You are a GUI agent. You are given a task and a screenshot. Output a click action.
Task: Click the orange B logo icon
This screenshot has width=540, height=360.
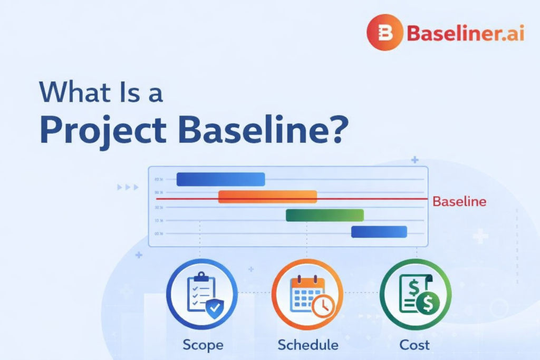point(385,32)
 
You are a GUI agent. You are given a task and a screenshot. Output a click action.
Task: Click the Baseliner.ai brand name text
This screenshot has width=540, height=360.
point(465,34)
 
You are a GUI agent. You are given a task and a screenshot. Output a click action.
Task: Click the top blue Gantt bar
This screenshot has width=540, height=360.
point(220,179)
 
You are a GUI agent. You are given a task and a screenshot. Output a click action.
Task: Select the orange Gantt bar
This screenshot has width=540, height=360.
point(267,197)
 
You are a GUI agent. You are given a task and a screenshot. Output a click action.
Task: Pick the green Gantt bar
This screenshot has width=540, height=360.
point(324,215)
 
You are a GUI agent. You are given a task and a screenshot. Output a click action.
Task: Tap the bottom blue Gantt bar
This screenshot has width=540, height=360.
point(379,232)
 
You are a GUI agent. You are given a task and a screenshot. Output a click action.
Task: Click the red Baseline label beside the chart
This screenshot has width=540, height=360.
point(459,201)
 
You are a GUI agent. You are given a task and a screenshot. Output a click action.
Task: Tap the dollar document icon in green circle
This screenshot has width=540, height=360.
point(414,294)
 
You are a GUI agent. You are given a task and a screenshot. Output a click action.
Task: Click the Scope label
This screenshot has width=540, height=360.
point(203,345)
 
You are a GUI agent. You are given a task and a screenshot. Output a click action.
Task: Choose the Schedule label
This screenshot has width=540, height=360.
point(308,345)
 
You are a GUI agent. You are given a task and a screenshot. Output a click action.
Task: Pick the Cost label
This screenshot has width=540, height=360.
point(414,345)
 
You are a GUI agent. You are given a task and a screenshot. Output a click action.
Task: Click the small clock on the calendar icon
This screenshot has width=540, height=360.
point(322,305)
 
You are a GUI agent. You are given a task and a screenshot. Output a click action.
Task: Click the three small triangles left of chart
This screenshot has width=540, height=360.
point(128,187)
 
